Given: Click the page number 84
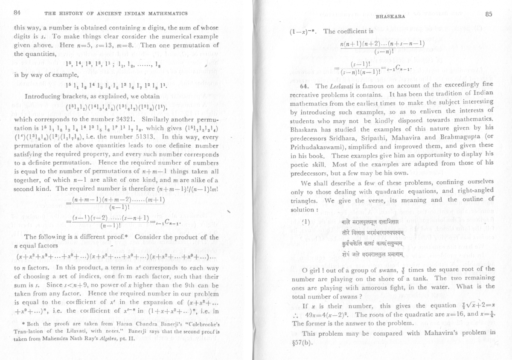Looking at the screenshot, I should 17,13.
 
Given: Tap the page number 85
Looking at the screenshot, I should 489,14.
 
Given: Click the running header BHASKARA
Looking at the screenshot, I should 387,17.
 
